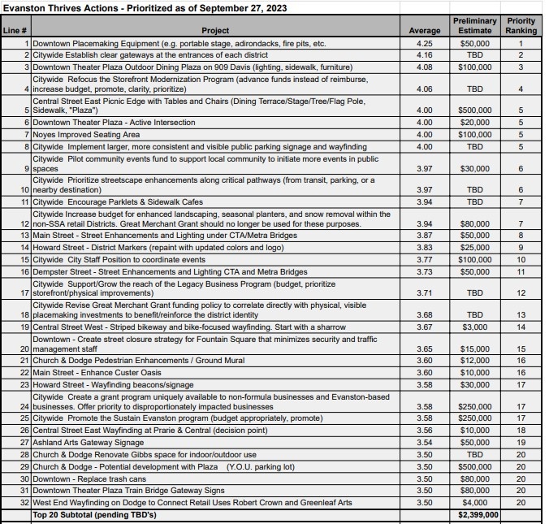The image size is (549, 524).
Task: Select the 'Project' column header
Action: (x=215, y=31)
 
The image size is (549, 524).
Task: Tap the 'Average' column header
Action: (x=424, y=31)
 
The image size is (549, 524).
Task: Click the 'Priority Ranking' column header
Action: (x=521, y=25)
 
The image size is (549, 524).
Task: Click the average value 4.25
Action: (x=424, y=42)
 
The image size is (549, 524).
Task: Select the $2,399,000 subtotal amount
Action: (x=478, y=515)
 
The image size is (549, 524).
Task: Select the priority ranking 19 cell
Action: (x=521, y=444)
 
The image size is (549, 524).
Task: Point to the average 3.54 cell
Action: (x=424, y=444)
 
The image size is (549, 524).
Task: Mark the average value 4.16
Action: (x=424, y=54)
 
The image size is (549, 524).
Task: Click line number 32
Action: (x=24, y=503)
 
